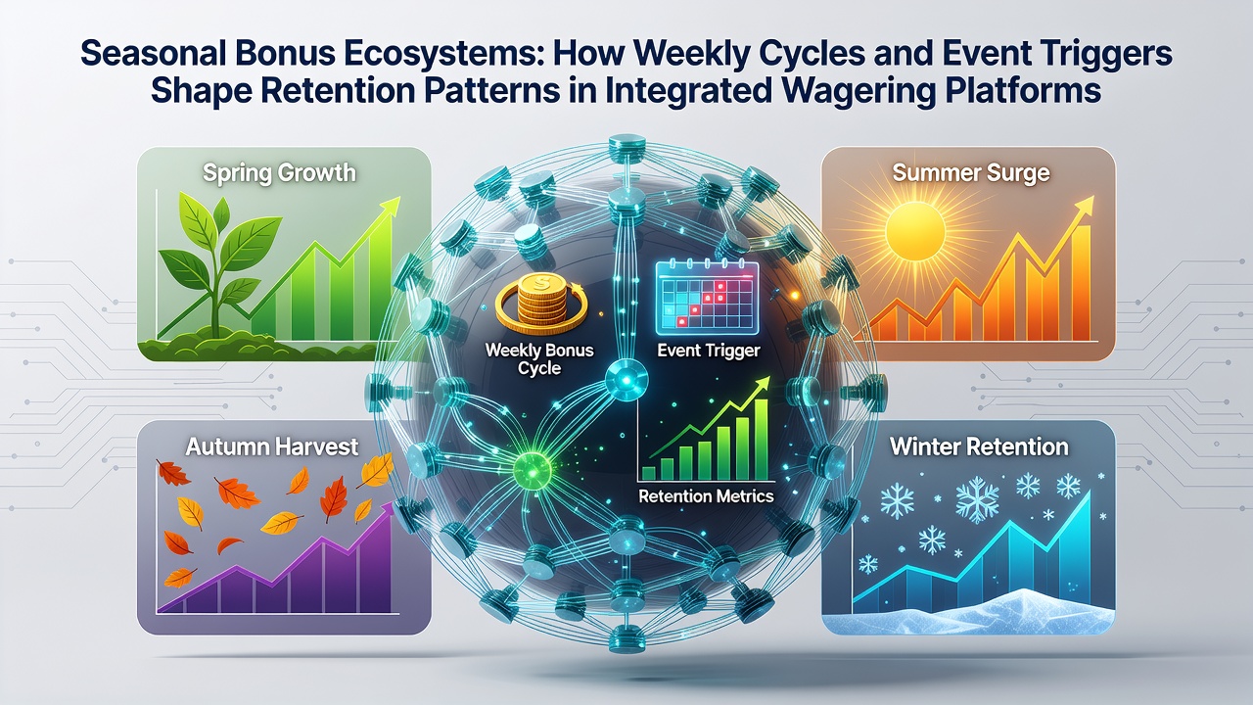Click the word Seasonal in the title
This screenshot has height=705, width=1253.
pyautogui.click(x=148, y=54)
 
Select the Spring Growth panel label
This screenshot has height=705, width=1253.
pyautogui.click(x=279, y=173)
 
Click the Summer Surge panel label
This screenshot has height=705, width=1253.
pyautogui.click(x=970, y=173)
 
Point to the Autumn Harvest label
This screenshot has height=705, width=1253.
pyautogui.click(x=272, y=447)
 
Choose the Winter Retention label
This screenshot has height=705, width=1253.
pyautogui.click(x=979, y=447)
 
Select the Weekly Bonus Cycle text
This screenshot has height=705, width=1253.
pyautogui.click(x=539, y=359)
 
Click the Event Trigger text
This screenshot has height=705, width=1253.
pyautogui.click(x=708, y=351)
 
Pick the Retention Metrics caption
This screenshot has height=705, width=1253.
pyautogui.click(x=706, y=496)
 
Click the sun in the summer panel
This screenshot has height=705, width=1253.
pyautogui.click(x=915, y=231)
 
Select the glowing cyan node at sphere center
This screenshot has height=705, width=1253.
pyautogui.click(x=626, y=380)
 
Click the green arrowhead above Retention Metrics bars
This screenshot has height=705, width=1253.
pyautogui.click(x=762, y=385)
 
